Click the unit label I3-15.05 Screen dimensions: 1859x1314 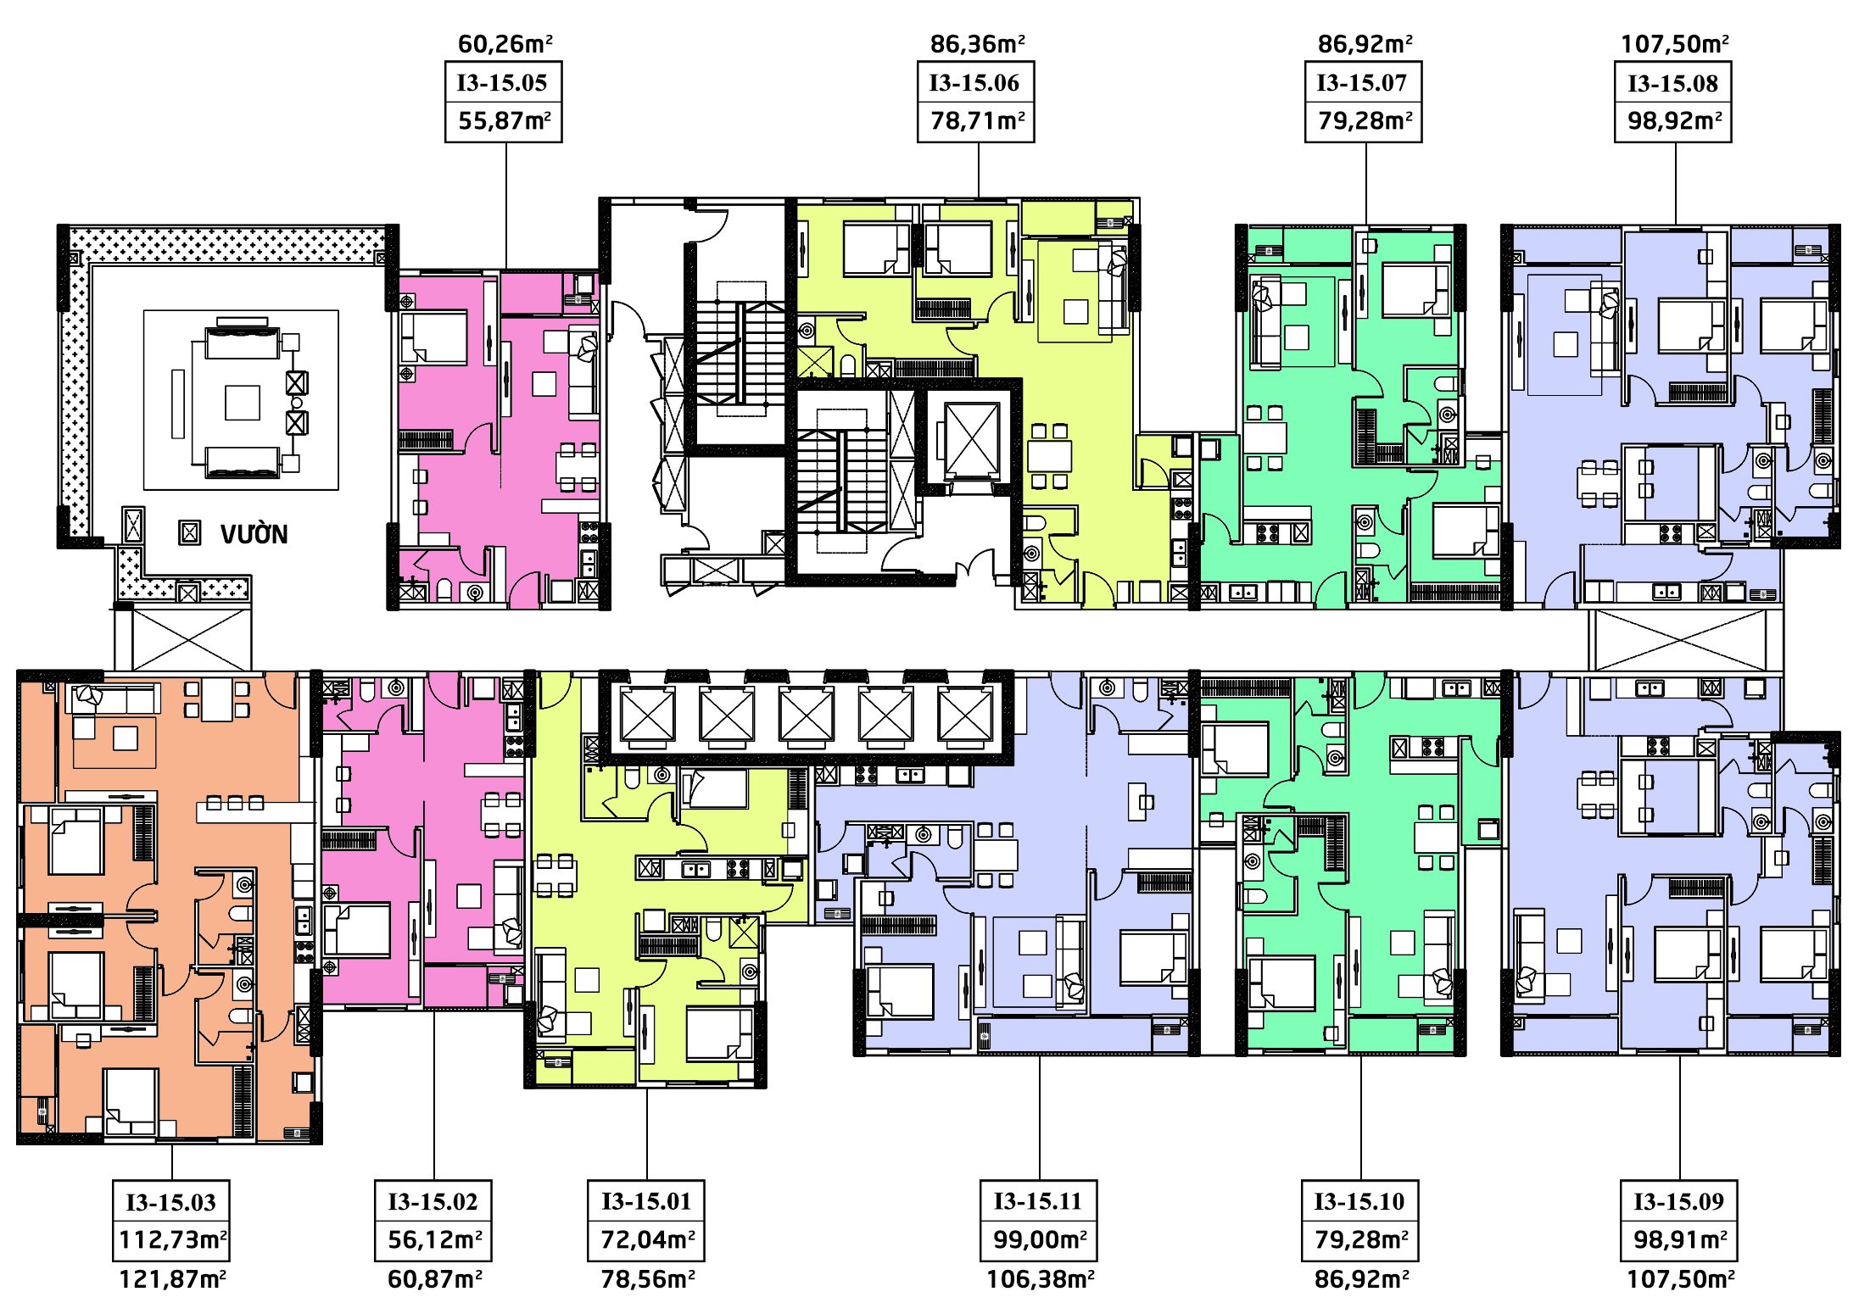tap(502, 83)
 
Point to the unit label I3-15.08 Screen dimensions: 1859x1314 tap(1672, 84)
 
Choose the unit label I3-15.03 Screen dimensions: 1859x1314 tap(170, 1202)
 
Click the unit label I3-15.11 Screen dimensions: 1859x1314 tap(1038, 1201)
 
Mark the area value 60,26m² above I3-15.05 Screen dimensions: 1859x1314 tap(505, 43)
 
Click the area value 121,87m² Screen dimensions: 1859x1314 tap(172, 1278)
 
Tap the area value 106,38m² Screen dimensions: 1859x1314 tap(1040, 1278)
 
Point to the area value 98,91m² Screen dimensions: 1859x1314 tap(1680, 1239)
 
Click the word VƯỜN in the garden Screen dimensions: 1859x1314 tap(254, 534)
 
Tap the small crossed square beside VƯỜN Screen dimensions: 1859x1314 tap(190, 532)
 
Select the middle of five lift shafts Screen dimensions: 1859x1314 tap(806, 716)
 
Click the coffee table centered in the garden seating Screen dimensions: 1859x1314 tap(242, 403)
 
